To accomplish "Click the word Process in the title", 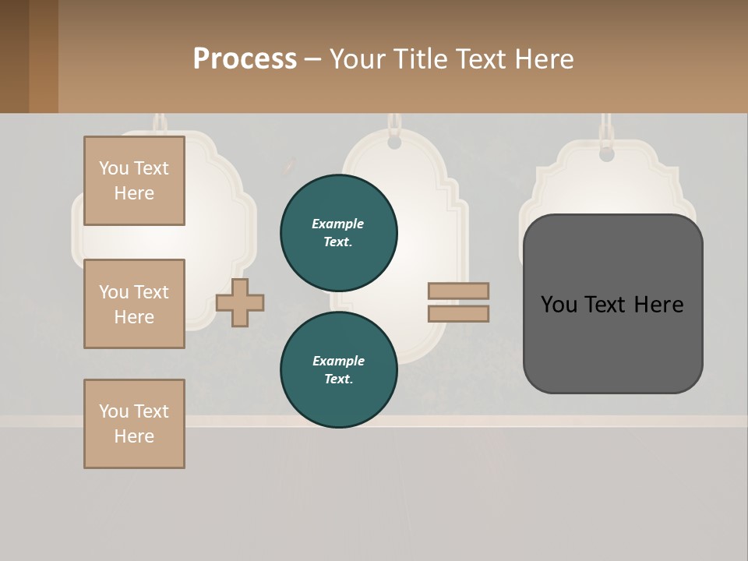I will point(245,59).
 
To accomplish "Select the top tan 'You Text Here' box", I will point(134,181).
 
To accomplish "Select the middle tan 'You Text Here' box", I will point(134,304).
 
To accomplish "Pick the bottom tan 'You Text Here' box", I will point(134,424).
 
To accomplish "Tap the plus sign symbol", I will point(240,302).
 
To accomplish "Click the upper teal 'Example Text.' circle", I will point(338,233).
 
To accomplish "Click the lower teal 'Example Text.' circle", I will point(338,370).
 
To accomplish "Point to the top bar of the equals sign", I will point(458,291).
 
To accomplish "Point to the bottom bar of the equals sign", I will point(458,314).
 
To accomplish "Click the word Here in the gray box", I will point(658,305).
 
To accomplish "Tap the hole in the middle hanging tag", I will point(394,143).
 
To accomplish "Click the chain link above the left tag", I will point(160,122).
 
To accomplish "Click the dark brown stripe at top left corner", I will point(14,56).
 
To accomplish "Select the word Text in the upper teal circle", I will point(338,242).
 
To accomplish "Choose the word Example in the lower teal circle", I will point(338,361).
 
